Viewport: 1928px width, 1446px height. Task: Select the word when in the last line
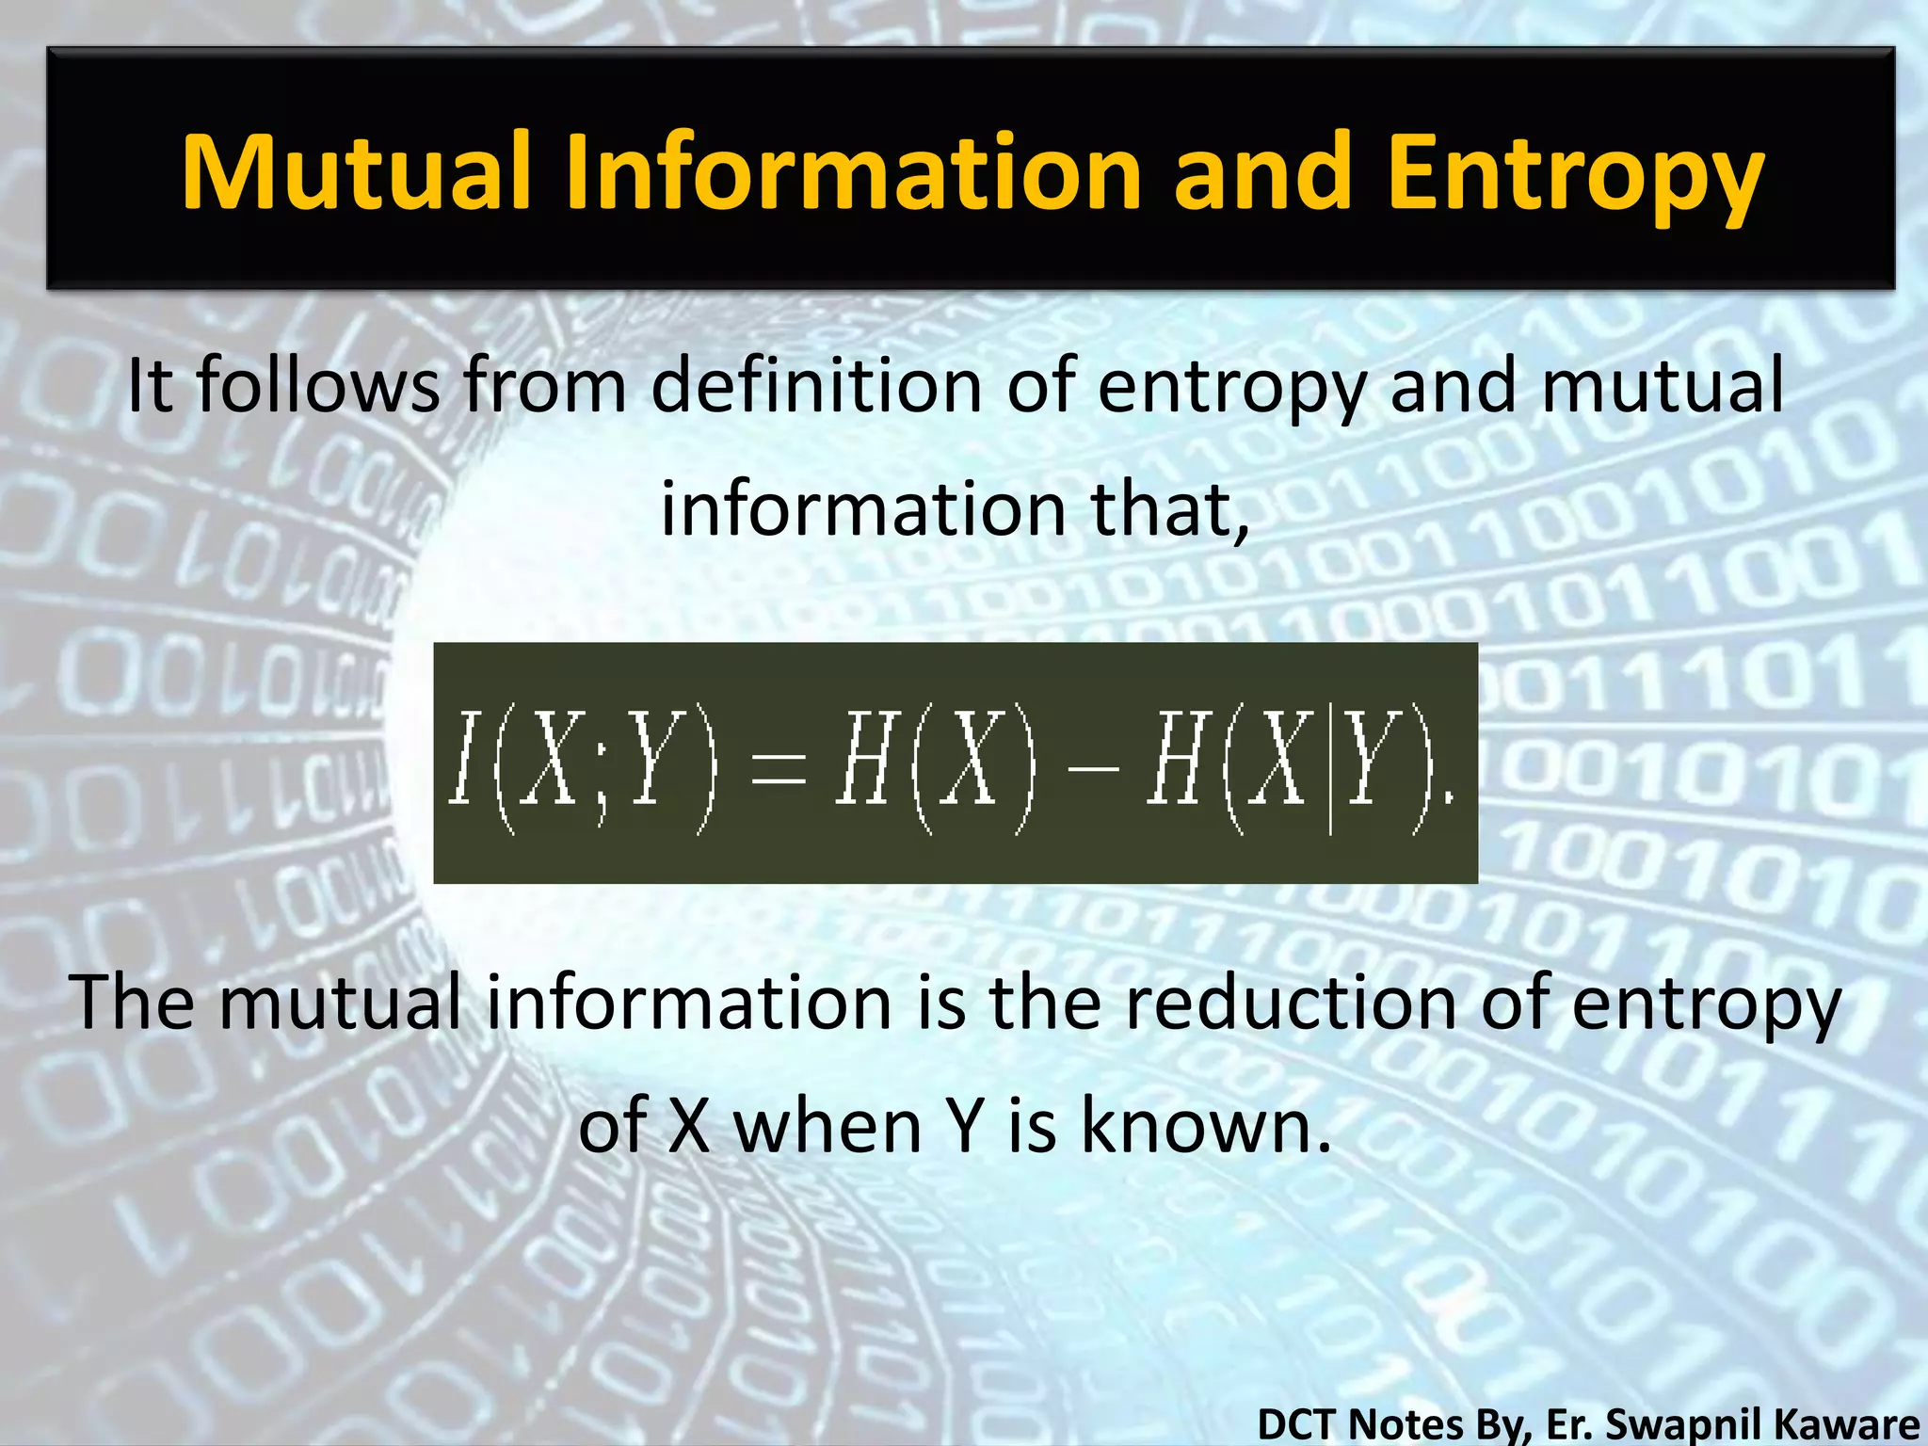pyautogui.click(x=827, y=1126)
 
